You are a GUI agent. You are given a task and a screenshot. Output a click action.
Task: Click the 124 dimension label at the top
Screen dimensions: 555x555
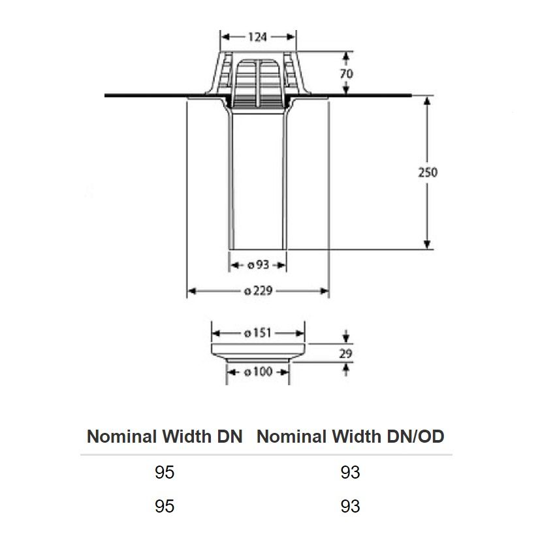pyautogui.click(x=259, y=37)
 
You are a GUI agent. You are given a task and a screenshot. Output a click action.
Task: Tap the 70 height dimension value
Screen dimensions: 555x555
pyautogui.click(x=347, y=74)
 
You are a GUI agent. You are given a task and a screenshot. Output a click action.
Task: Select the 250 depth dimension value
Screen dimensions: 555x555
pyautogui.click(x=428, y=172)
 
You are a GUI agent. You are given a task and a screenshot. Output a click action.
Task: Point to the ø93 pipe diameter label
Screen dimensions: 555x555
pyautogui.click(x=259, y=265)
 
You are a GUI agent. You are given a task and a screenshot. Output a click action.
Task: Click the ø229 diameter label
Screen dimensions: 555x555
pyautogui.click(x=258, y=291)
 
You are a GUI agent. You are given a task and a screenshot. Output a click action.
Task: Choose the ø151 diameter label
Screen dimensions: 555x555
pyautogui.click(x=257, y=333)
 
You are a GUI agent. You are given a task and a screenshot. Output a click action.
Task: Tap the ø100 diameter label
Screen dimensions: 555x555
pyautogui.click(x=258, y=372)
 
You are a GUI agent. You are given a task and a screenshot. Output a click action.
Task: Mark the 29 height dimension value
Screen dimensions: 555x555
pyautogui.click(x=347, y=354)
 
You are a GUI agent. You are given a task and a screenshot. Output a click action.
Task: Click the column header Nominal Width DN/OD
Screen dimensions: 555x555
pyautogui.click(x=351, y=436)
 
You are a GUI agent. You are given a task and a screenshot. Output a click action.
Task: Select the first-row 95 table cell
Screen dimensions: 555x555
pyautogui.click(x=165, y=472)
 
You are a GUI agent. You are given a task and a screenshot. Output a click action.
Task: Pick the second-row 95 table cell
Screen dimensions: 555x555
pyautogui.click(x=165, y=506)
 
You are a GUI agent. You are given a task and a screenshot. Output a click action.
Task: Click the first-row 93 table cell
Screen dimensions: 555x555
pyautogui.click(x=351, y=472)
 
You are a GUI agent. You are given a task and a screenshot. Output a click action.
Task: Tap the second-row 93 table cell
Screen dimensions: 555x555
pyautogui.click(x=351, y=506)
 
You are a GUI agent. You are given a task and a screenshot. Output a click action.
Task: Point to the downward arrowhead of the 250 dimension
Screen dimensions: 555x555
pyautogui.click(x=427, y=244)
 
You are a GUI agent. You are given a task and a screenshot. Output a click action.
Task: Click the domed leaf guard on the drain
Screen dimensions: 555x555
pyautogui.click(x=259, y=78)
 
